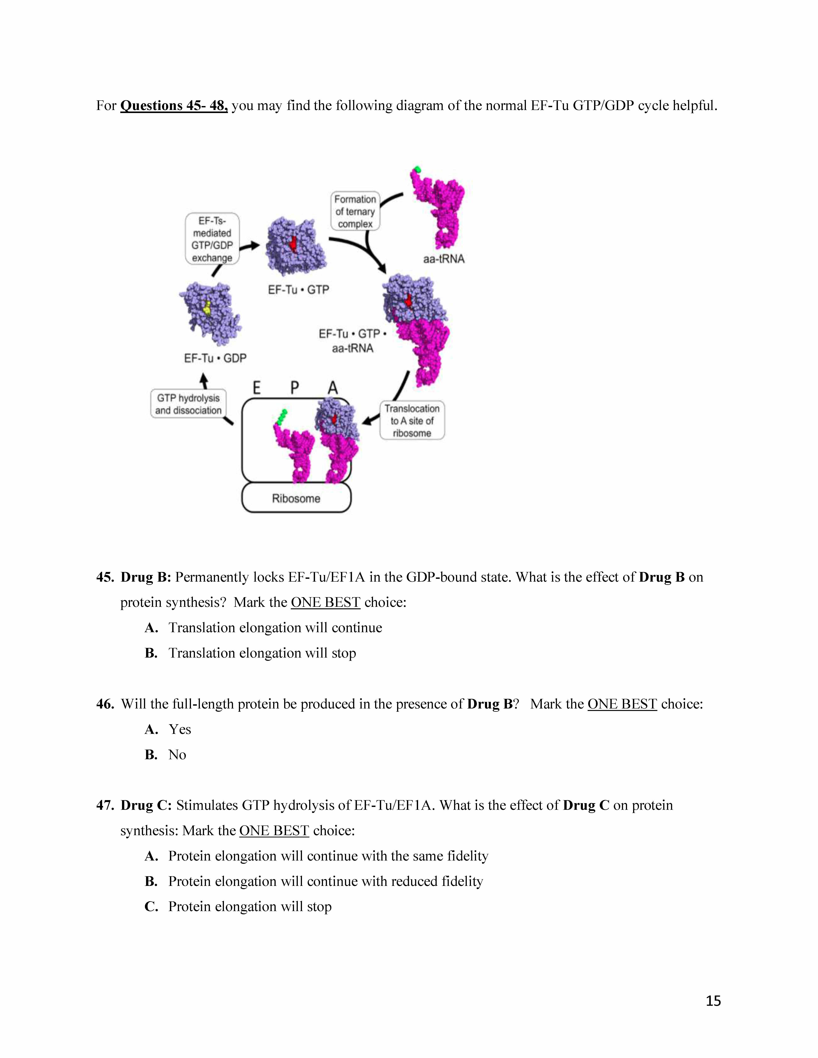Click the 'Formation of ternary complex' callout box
[355, 211]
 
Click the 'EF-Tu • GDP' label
[215, 358]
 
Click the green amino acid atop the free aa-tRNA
[417, 170]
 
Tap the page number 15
[713, 1000]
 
